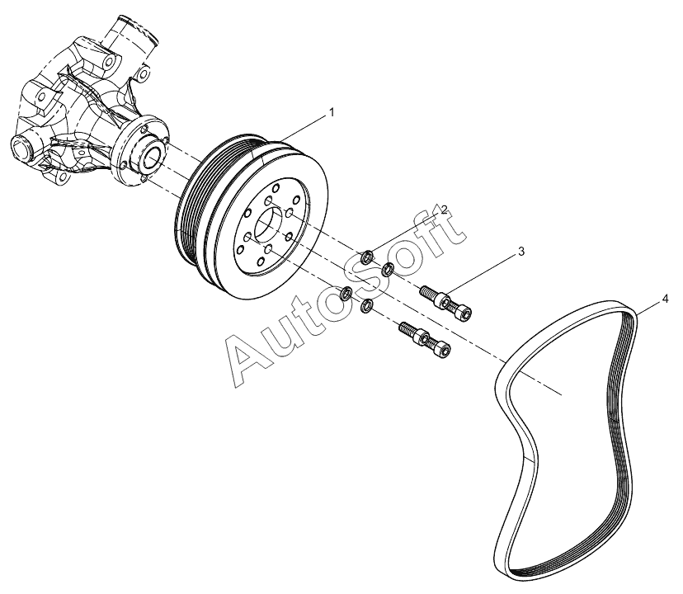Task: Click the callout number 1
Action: (332, 112)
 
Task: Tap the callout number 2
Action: (444, 210)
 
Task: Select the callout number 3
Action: (521, 252)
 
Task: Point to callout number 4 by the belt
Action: (665, 299)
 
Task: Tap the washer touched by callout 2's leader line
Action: (368, 257)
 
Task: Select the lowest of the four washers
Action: (367, 305)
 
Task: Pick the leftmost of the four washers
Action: (346, 293)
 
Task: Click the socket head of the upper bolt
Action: (464, 313)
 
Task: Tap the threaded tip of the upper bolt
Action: (426, 290)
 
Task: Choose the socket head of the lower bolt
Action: (442, 350)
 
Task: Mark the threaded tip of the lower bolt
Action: (405, 328)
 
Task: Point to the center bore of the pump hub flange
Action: (153, 157)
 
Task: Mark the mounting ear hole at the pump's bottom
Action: (62, 177)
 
